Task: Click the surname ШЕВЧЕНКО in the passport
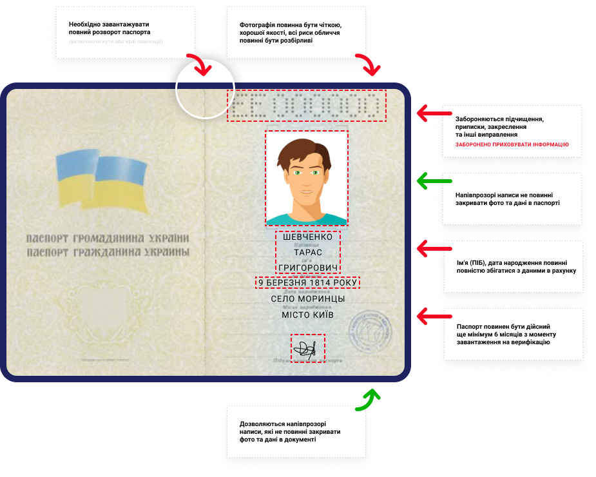[x=307, y=237]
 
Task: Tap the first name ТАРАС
[x=307, y=252]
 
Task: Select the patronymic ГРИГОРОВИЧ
[x=307, y=268]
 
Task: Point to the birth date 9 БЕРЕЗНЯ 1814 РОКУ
[x=307, y=282]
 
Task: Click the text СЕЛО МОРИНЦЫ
[x=308, y=299]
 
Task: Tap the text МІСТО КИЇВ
[x=308, y=315]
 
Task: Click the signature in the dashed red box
[x=307, y=349]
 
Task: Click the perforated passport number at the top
[x=307, y=106]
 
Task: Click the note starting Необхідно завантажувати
[x=125, y=32]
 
